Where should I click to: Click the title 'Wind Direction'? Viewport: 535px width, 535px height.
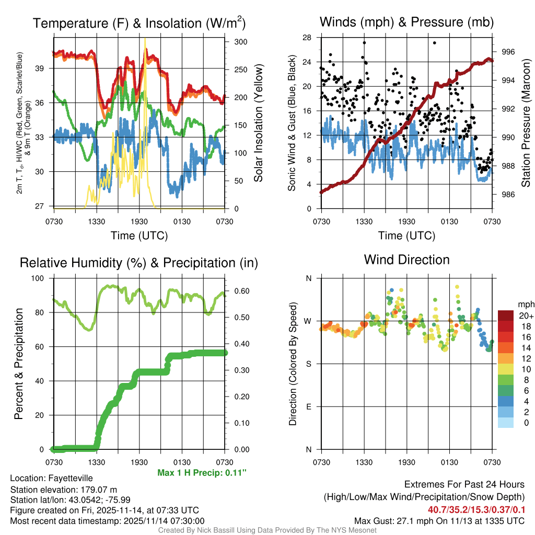click(x=406, y=260)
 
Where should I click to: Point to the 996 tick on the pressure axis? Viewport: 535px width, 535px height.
click(x=508, y=52)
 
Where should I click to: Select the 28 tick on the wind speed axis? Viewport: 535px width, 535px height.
click(x=307, y=38)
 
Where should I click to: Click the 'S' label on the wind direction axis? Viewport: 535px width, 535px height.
click(x=308, y=364)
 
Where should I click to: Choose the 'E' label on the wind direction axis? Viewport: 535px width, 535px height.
click(x=308, y=406)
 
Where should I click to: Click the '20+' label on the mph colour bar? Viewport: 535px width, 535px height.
click(x=525, y=316)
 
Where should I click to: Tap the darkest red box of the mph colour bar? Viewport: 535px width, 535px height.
click(x=506, y=316)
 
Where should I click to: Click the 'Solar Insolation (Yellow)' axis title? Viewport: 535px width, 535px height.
click(x=258, y=123)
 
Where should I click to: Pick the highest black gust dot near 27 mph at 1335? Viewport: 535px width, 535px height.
click(x=364, y=43)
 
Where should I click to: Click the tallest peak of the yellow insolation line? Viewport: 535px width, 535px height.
click(x=145, y=39)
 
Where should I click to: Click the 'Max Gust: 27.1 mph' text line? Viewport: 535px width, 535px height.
click(x=439, y=520)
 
